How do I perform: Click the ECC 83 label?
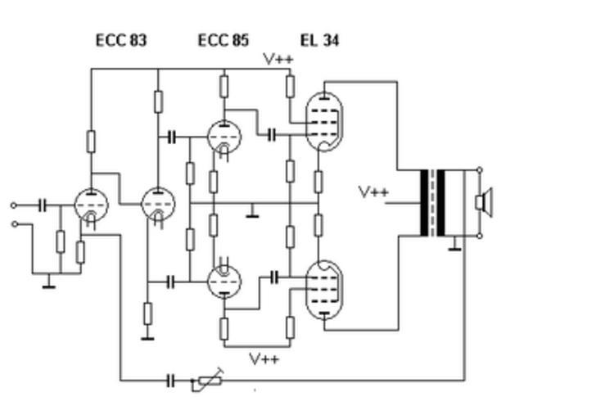[121, 40]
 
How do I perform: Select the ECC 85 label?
[223, 40]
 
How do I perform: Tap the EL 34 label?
[319, 40]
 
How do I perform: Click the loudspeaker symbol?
[485, 202]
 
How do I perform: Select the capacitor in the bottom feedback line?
[171, 380]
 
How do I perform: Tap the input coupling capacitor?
[43, 205]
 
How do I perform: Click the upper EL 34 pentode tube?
[325, 121]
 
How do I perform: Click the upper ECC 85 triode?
[223, 137]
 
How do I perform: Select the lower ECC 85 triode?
[223, 282]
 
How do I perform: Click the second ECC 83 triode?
[157, 205]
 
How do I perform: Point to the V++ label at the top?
[278, 59]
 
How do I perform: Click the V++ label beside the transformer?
[373, 192]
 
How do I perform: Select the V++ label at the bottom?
[264, 358]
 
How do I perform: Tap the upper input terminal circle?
[13, 205]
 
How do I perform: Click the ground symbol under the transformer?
[454, 243]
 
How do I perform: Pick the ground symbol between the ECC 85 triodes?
[253, 214]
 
